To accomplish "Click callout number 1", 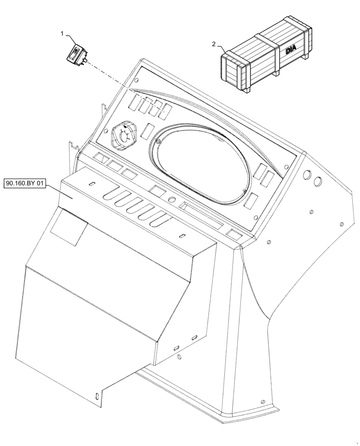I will [x=63, y=33].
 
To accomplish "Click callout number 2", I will [x=214, y=44].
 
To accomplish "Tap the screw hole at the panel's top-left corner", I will [x=137, y=81].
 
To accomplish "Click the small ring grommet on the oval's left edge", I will [x=158, y=142].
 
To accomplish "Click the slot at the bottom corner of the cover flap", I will [x=97, y=394].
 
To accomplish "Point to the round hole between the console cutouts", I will [x=172, y=199].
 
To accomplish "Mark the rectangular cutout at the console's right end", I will [x=234, y=233].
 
